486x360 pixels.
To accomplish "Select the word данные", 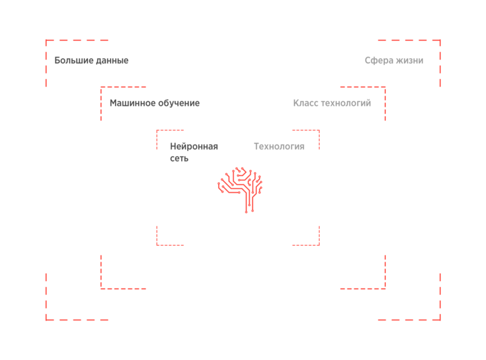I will pyautogui.click(x=112, y=61).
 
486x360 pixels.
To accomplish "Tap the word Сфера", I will pyautogui.click(x=378, y=61).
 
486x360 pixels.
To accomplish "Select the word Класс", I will pyautogui.click(x=305, y=103).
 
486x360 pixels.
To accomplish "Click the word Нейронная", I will pyautogui.click(x=194, y=146).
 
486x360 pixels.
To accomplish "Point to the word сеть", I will pyautogui.click(x=179, y=158).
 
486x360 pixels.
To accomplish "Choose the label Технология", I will pyautogui.click(x=279, y=146).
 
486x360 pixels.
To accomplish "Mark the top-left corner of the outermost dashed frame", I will pyautogui.click(x=46, y=41).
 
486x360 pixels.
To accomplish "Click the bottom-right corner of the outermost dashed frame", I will pyautogui.click(x=440, y=319).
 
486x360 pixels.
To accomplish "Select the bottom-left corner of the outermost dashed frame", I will pyautogui.click(x=46, y=319).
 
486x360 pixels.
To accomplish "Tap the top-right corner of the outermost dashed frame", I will pyautogui.click(x=440, y=41).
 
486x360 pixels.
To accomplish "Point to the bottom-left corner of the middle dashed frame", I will pyautogui.click(x=101, y=288).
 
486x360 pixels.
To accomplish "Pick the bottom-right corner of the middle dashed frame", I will pyautogui.click(x=385, y=288).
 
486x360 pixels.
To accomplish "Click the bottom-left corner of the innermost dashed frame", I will pyautogui.click(x=157, y=245).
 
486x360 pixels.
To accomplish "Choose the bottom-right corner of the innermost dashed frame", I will pyautogui.click(x=319, y=245).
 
